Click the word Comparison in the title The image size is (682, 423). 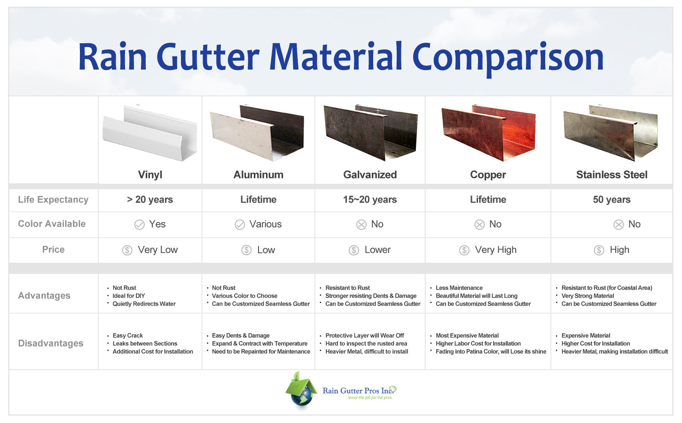point(508,58)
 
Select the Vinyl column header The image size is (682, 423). point(150,175)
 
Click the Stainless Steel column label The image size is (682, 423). point(611,175)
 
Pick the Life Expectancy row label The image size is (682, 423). point(53,200)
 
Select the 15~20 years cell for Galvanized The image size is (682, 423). point(370,200)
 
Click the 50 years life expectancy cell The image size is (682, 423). point(611,200)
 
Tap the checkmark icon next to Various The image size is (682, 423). point(240,225)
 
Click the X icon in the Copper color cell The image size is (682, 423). point(479,225)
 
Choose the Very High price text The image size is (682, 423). point(495,250)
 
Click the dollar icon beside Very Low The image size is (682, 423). point(127,250)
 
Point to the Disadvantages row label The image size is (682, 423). point(51,344)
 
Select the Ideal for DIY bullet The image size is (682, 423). point(129,296)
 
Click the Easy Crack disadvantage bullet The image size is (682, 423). point(127,336)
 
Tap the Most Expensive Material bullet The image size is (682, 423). point(467,336)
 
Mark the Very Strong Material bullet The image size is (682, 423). point(588,296)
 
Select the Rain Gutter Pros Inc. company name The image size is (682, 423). point(357,391)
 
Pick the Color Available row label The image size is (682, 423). point(52,224)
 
